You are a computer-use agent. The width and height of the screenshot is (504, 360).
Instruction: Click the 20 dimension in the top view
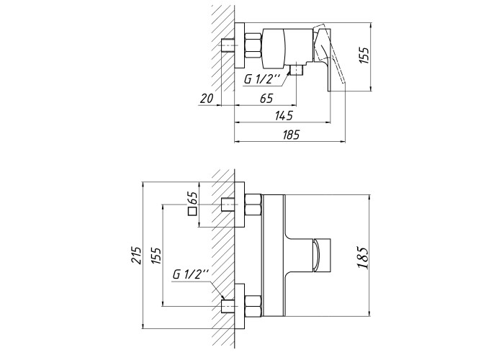207,98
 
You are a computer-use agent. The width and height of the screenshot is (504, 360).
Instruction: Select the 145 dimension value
284,115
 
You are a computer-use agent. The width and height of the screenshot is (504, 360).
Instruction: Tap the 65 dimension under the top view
266,98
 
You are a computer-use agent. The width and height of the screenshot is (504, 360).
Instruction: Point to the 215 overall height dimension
136,255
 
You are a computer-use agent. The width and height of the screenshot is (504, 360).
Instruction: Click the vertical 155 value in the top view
364,55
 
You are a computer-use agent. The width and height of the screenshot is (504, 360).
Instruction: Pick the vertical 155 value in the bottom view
156,255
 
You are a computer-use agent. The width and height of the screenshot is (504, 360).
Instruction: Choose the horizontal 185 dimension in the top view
291,134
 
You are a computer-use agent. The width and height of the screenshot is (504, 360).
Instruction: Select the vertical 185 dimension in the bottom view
363,258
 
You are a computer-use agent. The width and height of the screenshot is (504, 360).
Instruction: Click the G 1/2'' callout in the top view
263,79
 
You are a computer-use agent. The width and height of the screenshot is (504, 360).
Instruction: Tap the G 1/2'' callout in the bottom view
191,274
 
